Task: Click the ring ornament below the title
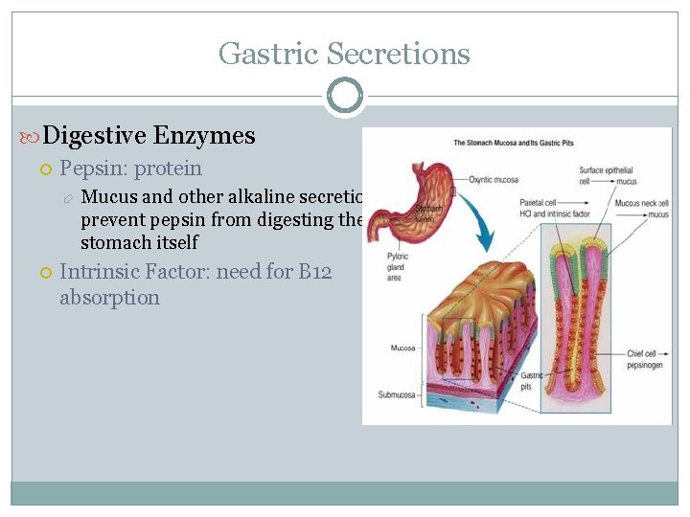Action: coord(344,96)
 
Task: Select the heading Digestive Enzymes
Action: coord(149,136)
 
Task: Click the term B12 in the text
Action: coord(314,272)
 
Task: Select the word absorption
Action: coord(109,298)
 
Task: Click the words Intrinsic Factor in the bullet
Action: coord(134,272)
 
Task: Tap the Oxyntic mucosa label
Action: coord(495,178)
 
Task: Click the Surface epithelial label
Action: coord(606,171)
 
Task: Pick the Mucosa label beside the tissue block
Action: coord(402,348)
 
